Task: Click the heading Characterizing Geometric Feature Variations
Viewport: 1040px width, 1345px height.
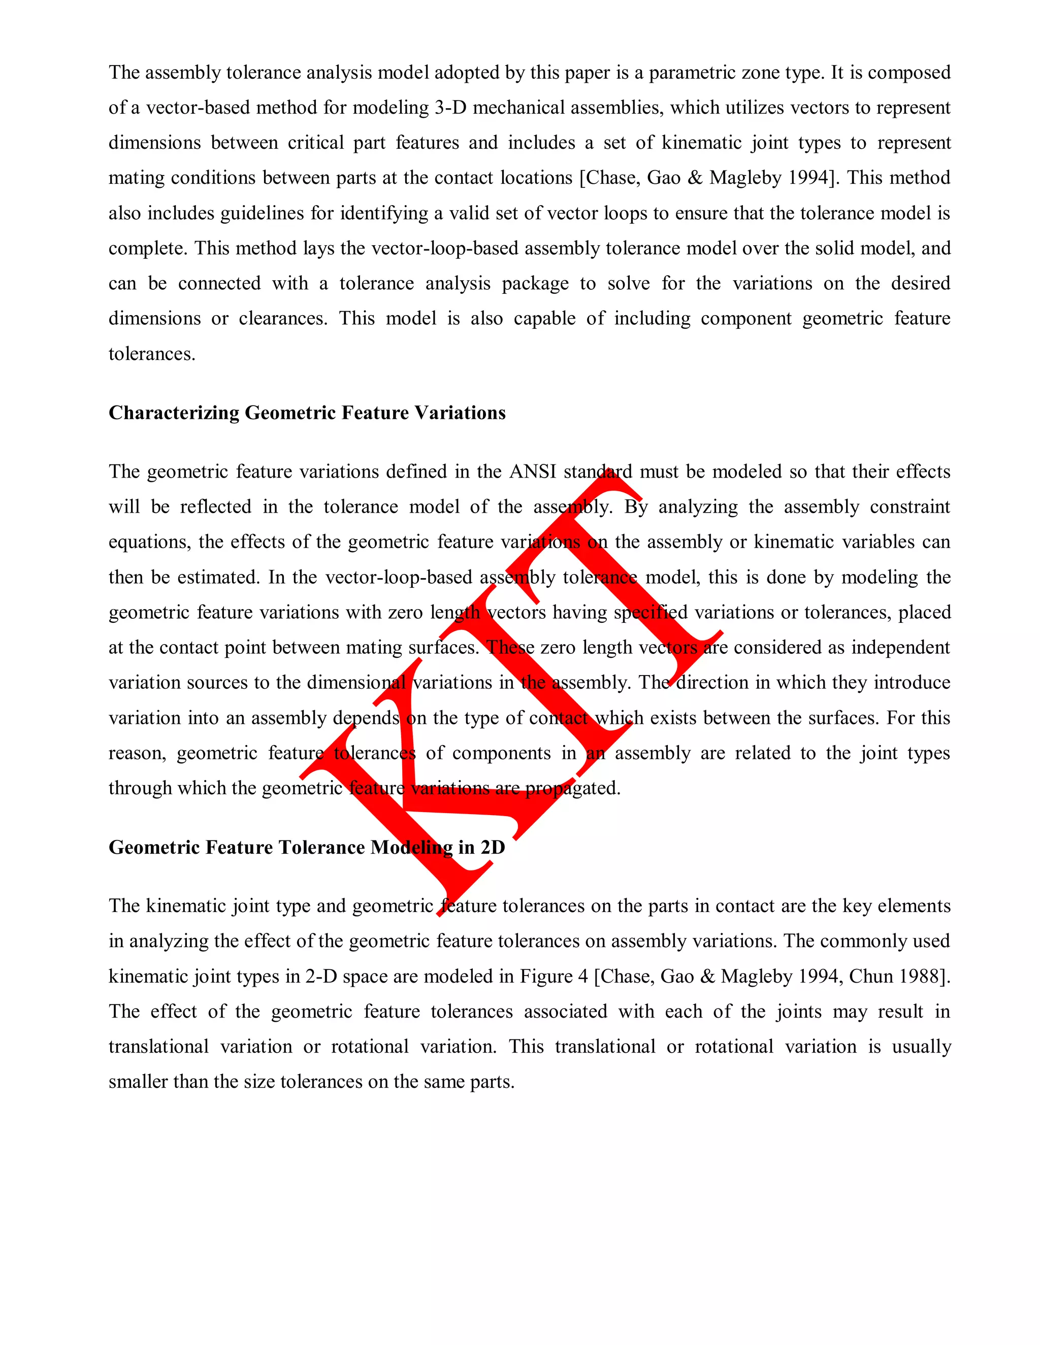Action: [307, 413]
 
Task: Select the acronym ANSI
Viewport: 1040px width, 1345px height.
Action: [532, 472]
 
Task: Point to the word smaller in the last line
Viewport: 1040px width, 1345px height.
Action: [138, 1082]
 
